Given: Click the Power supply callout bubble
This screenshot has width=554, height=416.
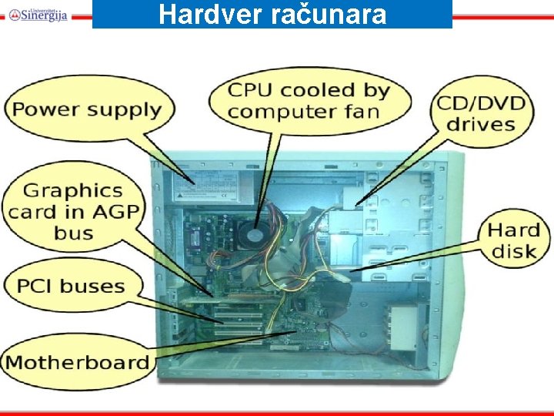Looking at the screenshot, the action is (x=86, y=109).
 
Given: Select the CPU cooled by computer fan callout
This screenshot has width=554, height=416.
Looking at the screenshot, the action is (x=308, y=100).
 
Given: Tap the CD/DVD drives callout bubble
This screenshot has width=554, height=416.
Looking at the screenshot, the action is (x=481, y=112).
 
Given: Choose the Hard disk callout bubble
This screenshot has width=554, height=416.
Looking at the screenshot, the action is (x=515, y=240).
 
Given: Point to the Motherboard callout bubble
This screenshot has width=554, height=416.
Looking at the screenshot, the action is (x=77, y=362).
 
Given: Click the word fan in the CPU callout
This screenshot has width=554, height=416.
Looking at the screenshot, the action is (x=362, y=111).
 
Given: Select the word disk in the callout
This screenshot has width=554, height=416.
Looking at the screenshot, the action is (x=515, y=251).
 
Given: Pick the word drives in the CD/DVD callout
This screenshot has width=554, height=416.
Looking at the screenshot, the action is (x=481, y=124).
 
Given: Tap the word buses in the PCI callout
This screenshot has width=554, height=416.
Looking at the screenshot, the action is (x=92, y=287).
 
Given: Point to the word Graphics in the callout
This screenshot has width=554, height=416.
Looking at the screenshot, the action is (x=73, y=190).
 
